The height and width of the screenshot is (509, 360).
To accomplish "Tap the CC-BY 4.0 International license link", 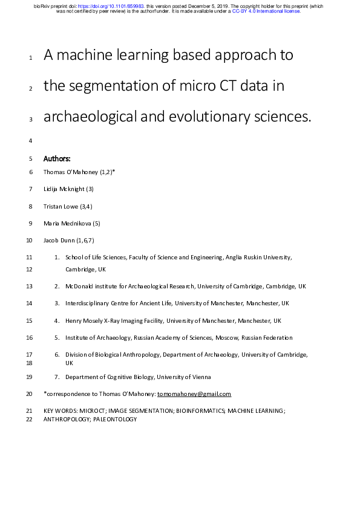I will coord(266,11).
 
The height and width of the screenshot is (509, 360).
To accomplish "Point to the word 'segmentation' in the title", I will coord(120,87).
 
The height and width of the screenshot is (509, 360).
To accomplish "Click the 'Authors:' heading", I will coord(57,159).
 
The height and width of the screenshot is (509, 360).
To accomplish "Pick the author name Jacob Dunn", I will coord(59,241).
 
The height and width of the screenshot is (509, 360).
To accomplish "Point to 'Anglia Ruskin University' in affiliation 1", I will coord(258,258).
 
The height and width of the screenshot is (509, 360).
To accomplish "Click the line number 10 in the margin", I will coord(30,241).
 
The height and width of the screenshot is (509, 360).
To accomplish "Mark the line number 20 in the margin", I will coord(30,394).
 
